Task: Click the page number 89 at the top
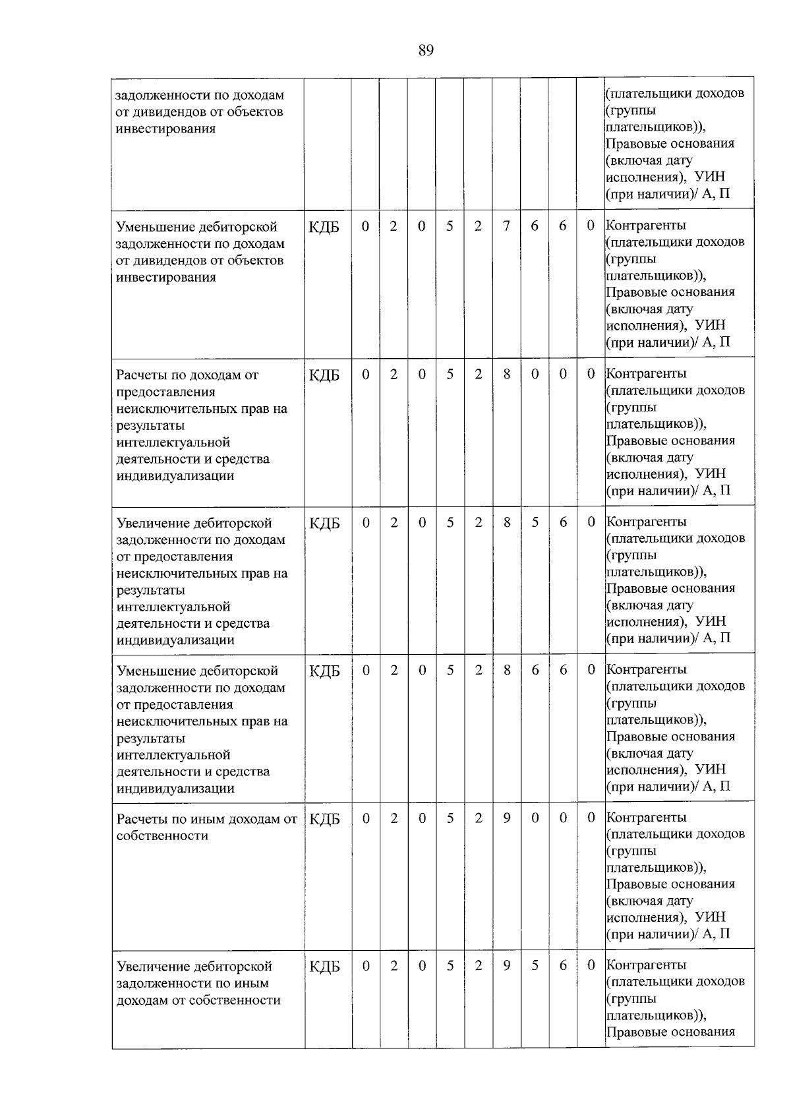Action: (426, 51)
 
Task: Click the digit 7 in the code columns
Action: (506, 226)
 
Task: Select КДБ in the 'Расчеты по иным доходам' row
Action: (324, 819)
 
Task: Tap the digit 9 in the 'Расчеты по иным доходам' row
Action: (506, 818)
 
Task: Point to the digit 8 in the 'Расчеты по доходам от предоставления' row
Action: (506, 374)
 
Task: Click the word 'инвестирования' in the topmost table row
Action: (165, 129)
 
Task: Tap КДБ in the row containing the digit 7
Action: (324, 227)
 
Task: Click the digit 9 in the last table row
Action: (506, 965)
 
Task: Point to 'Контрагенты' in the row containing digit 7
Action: (646, 226)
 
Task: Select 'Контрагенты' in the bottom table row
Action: (646, 965)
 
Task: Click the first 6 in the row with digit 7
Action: (535, 226)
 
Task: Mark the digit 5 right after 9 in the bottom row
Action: (535, 965)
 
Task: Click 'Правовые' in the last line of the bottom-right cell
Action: (631, 1032)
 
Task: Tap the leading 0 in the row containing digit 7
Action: (365, 226)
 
